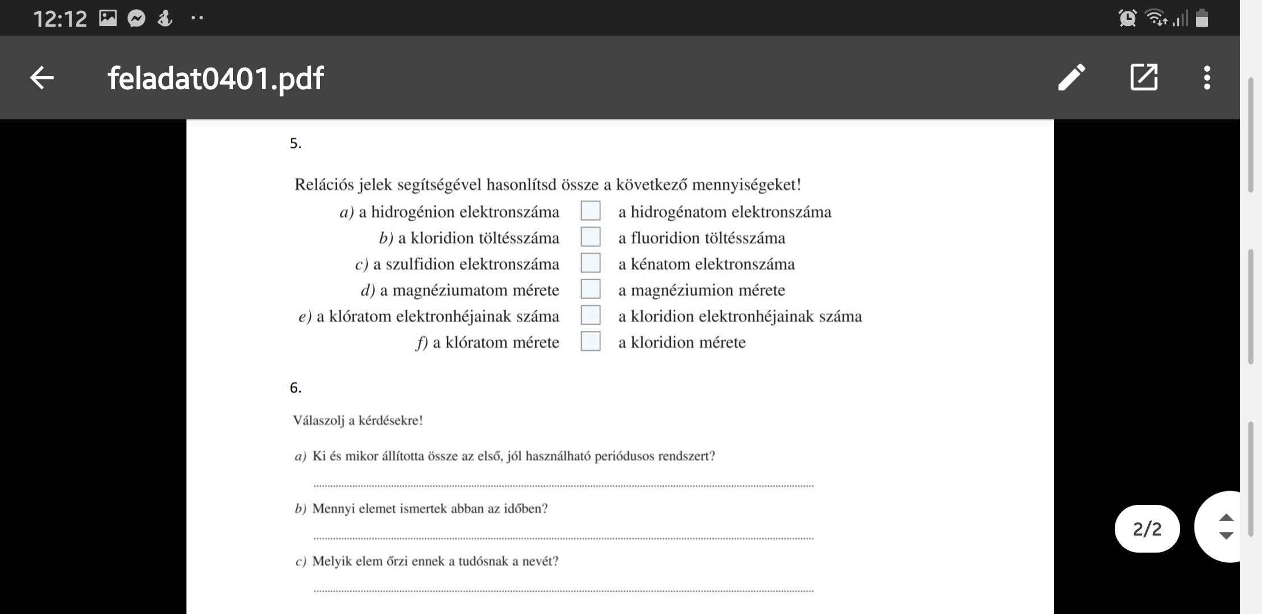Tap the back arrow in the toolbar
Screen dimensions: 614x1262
(41, 78)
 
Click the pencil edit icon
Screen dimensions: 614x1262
(1072, 77)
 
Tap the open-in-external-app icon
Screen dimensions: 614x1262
(1144, 77)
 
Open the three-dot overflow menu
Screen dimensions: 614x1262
(1206, 78)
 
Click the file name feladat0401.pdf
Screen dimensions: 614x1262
(215, 78)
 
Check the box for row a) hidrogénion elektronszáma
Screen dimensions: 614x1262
(591, 211)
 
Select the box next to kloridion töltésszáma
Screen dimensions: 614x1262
(591, 237)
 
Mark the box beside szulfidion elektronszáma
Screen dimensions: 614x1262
(591, 263)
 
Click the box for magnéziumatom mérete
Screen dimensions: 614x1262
(591, 289)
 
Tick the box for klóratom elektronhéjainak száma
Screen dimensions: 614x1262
(591, 316)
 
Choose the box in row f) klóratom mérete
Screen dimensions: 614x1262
(591, 342)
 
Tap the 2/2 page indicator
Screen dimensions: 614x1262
(1147, 529)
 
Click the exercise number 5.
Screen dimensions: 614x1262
(295, 143)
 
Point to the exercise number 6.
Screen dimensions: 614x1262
(295, 388)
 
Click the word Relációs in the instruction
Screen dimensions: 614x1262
(323, 185)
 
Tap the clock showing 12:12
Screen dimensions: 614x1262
(60, 19)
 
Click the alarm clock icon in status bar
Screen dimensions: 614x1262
(1127, 18)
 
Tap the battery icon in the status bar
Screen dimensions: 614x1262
(1202, 18)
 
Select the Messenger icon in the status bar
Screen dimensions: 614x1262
(136, 19)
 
